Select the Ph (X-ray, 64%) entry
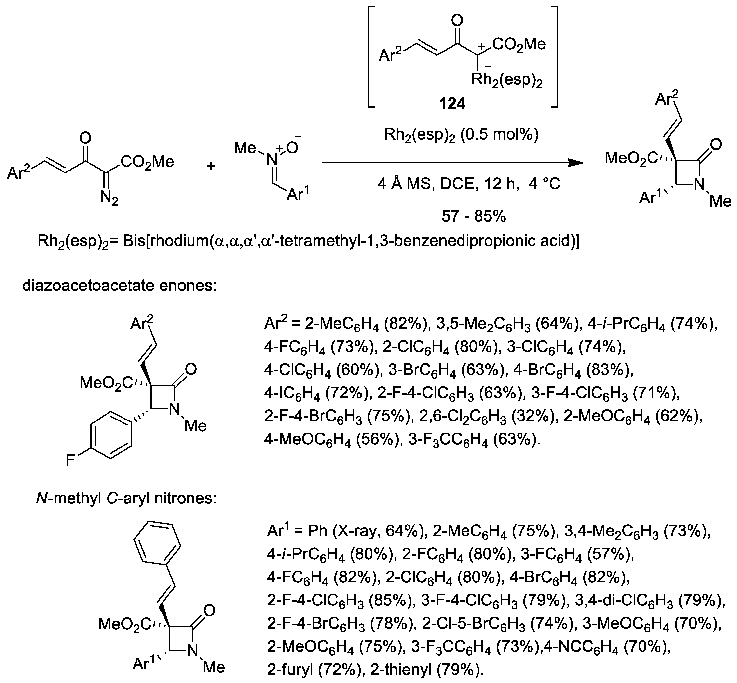coord(361,531)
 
